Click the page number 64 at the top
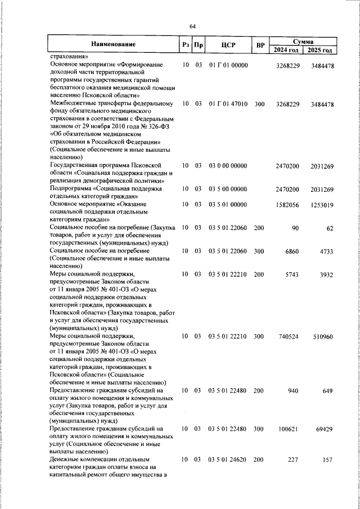192,26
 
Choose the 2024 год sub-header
286,50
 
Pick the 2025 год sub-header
319,50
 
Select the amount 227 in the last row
291,460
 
